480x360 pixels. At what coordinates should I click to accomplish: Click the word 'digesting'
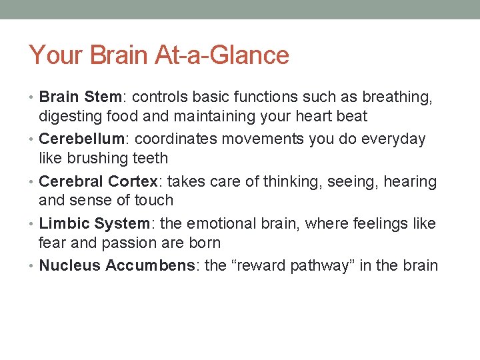coord(69,117)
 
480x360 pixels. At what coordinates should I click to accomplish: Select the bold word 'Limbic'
coord(64,223)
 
